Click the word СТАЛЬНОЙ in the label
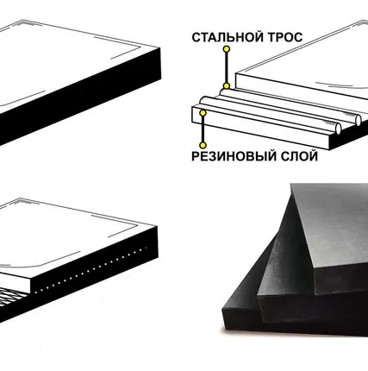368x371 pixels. (x=228, y=37)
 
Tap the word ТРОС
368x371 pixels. (x=285, y=37)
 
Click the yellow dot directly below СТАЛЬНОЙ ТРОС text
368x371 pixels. (x=227, y=49)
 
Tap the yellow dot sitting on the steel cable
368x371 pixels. (x=227, y=86)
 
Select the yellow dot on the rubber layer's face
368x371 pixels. (x=203, y=113)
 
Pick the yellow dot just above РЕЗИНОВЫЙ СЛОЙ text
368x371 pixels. (x=203, y=145)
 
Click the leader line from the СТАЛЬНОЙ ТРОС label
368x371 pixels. (x=227, y=67)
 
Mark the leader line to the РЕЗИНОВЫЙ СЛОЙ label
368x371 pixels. (x=203, y=129)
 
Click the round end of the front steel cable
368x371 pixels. (x=338, y=129)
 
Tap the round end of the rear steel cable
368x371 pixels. (x=358, y=120)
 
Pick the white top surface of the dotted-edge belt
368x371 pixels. (x=69, y=236)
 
